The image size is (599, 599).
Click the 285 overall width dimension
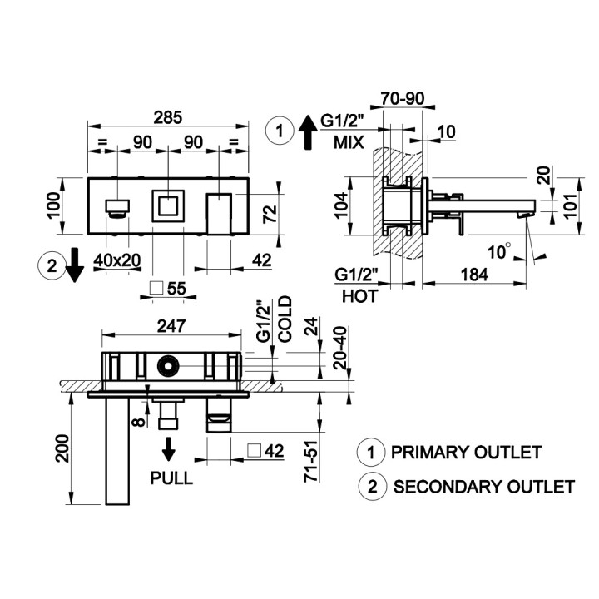tap(168, 117)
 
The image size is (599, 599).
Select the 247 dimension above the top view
tap(171, 326)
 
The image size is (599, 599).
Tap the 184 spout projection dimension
tap(474, 275)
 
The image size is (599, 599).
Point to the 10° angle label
tap(499, 251)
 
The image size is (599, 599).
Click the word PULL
tap(171, 478)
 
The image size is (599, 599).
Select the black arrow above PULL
tap(168, 449)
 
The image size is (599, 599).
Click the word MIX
tap(349, 142)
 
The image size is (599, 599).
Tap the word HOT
tap(360, 296)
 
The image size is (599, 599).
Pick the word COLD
tap(285, 319)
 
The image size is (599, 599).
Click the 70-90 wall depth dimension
tap(403, 98)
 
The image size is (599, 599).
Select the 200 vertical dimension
tap(62, 448)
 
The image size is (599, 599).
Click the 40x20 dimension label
tap(117, 260)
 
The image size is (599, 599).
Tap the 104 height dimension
tap(341, 205)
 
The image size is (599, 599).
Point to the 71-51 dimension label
tap(311, 461)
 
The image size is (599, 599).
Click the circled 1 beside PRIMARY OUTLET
tap(370, 453)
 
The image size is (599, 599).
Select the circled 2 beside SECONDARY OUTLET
tap(373, 487)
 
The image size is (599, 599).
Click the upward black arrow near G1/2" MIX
tap(308, 133)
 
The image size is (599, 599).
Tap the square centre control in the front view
tap(168, 206)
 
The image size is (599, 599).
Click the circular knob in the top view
tap(168, 366)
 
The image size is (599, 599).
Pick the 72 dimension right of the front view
tap(270, 214)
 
